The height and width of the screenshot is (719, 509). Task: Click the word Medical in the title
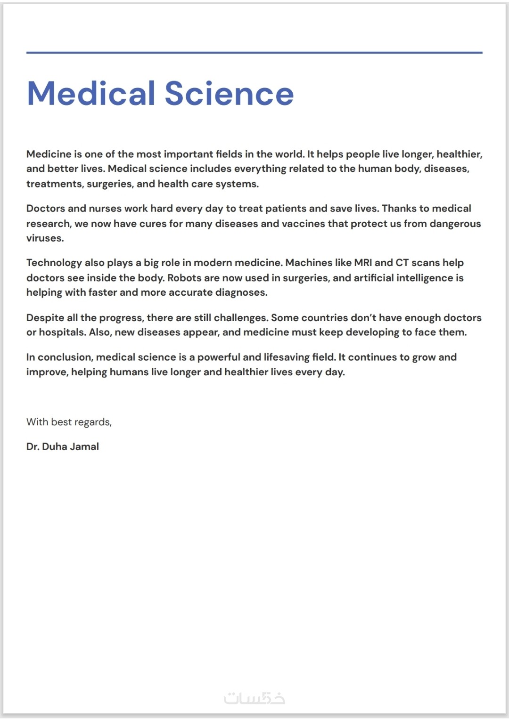click(x=91, y=93)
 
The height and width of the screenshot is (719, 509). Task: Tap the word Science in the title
click(x=229, y=93)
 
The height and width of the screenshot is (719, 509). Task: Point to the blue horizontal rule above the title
click(x=254, y=52)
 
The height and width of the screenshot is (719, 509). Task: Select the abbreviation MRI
click(x=363, y=263)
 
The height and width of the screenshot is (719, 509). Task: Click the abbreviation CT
click(x=402, y=263)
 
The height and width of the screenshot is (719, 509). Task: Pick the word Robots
click(x=184, y=278)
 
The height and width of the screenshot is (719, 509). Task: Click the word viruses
click(x=44, y=238)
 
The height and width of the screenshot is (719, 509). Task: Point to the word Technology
click(x=54, y=263)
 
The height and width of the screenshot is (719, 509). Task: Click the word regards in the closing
click(x=93, y=422)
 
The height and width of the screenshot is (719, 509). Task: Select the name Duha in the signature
click(x=55, y=447)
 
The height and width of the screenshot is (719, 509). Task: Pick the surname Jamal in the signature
click(x=84, y=447)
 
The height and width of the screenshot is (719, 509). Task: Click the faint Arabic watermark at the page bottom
click(x=254, y=698)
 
